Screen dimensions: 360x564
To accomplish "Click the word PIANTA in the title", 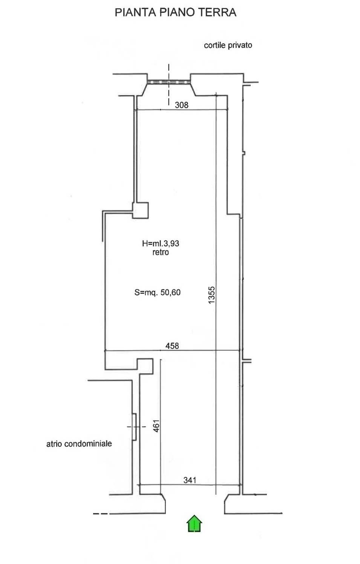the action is tap(135, 12).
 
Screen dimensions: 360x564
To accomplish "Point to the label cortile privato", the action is tap(228, 45).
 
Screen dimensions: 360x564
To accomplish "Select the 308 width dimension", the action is tap(181, 105).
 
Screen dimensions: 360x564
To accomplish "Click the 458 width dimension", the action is tap(172, 346).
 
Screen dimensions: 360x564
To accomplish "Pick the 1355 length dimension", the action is tap(211, 295).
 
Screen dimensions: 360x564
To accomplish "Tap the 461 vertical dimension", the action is tap(156, 426).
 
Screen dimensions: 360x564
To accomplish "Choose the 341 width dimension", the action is tap(190, 480).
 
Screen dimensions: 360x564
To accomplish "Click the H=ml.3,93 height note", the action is tap(161, 243).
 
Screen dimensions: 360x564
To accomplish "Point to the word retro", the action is tap(161, 252).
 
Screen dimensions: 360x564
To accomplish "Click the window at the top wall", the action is tap(169, 82).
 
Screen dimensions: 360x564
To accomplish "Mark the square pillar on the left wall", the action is tap(141, 210).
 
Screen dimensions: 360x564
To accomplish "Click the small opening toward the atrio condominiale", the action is tap(135, 427).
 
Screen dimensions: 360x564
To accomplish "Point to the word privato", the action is tap(240, 45).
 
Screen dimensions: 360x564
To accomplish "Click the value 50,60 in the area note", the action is tap(170, 292).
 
